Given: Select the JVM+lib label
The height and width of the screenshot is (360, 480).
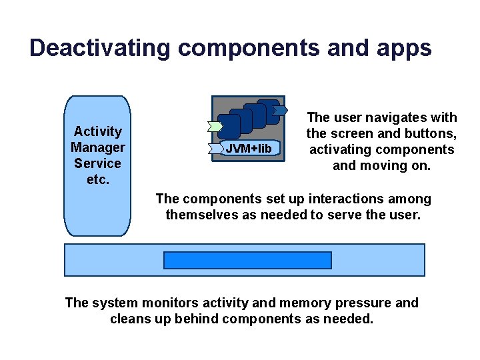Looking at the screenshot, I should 249,148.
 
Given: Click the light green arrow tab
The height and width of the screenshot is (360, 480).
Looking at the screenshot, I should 215,126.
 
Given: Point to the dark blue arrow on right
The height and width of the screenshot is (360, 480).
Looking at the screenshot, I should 281,109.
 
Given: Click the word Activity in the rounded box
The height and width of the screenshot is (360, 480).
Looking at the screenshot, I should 98,131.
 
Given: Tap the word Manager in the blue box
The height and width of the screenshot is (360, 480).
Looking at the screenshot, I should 98,147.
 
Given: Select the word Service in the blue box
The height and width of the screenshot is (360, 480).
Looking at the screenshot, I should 98,163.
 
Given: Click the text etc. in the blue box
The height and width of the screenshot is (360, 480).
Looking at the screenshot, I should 98,179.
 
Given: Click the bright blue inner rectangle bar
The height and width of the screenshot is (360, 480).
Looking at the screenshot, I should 247,260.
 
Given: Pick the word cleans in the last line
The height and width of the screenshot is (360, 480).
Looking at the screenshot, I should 129,319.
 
